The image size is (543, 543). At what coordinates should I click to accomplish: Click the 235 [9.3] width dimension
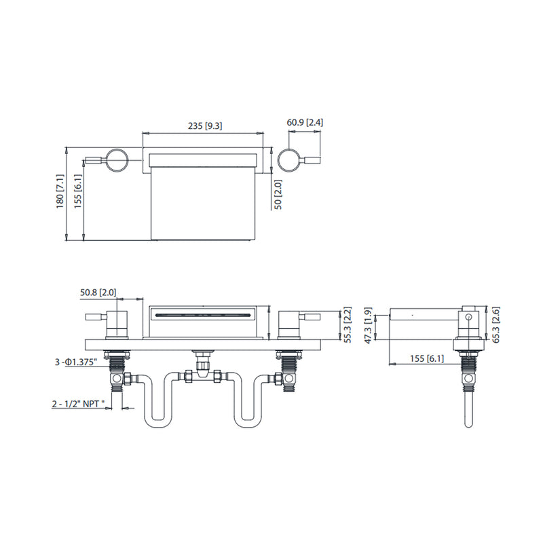coord(204,126)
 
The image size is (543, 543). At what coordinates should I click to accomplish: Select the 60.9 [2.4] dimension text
coord(299,122)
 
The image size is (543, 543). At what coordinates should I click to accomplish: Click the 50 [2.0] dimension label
coord(277,195)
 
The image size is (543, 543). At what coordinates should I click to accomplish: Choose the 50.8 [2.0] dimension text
coord(98,293)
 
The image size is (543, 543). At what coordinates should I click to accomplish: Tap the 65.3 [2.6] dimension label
coord(495,325)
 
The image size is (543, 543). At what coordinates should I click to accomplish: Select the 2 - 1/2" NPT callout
coord(79,404)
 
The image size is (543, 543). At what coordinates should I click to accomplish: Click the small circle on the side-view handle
coord(468,315)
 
